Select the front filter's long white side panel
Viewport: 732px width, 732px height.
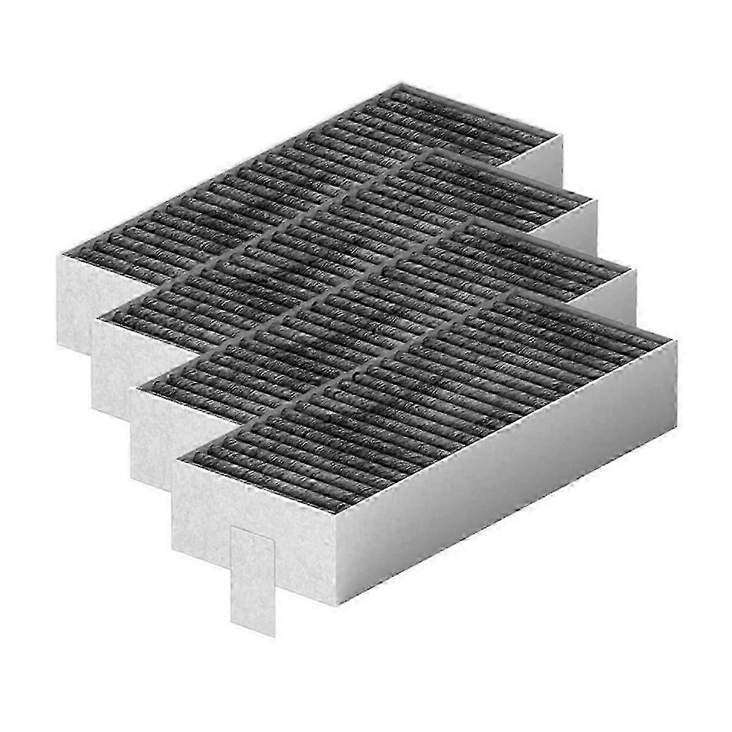pyautogui.click(x=506, y=476)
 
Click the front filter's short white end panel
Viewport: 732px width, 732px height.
pyautogui.click(x=256, y=518)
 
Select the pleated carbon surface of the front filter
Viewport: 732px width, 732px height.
pyautogui.click(x=427, y=396)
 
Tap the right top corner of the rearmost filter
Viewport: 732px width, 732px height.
pyautogui.click(x=561, y=137)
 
